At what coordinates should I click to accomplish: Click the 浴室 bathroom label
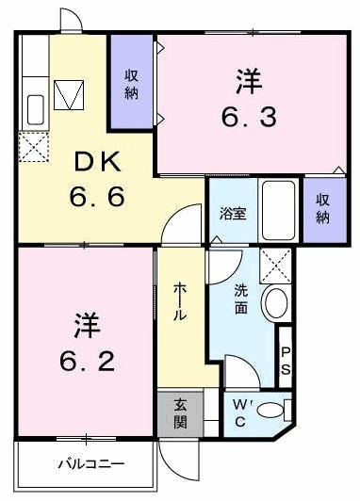233,213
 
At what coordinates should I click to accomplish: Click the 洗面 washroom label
242,299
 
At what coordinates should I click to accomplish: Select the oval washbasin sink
274,304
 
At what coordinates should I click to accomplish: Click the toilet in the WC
272,410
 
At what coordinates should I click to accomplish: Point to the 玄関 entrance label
179,413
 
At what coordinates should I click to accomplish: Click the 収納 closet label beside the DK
132,83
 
